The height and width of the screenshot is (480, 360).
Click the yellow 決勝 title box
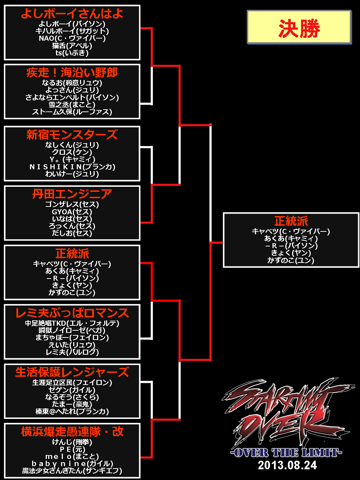tap(299, 27)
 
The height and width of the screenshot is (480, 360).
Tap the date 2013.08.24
tap(287, 465)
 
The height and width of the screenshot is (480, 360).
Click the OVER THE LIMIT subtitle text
tap(286, 452)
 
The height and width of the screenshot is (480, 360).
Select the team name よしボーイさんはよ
tap(72, 14)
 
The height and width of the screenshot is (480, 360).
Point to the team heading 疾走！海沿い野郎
tap(72, 72)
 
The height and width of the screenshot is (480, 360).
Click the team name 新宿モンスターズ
tap(72, 135)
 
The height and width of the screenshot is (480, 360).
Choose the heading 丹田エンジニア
tap(72, 194)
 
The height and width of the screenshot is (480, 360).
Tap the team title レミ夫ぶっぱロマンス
tap(72, 313)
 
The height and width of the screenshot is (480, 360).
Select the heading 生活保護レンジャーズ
tap(72, 372)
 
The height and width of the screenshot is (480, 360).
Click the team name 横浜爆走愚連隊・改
tap(72, 431)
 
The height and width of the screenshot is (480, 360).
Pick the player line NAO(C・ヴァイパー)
tap(72, 38)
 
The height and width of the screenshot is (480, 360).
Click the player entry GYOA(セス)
tap(72, 211)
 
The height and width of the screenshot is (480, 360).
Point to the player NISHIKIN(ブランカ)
tap(72, 167)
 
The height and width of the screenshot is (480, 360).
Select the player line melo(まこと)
tap(72, 456)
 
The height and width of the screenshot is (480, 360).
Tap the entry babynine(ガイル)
tap(72, 464)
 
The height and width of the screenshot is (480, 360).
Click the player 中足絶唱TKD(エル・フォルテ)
tap(72, 323)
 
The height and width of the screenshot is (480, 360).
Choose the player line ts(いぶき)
tap(72, 53)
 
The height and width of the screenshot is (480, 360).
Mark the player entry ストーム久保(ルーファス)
tap(72, 112)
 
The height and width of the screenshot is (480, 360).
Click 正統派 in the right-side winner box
tap(291, 221)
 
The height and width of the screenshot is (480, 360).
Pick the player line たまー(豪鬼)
tap(72, 404)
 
